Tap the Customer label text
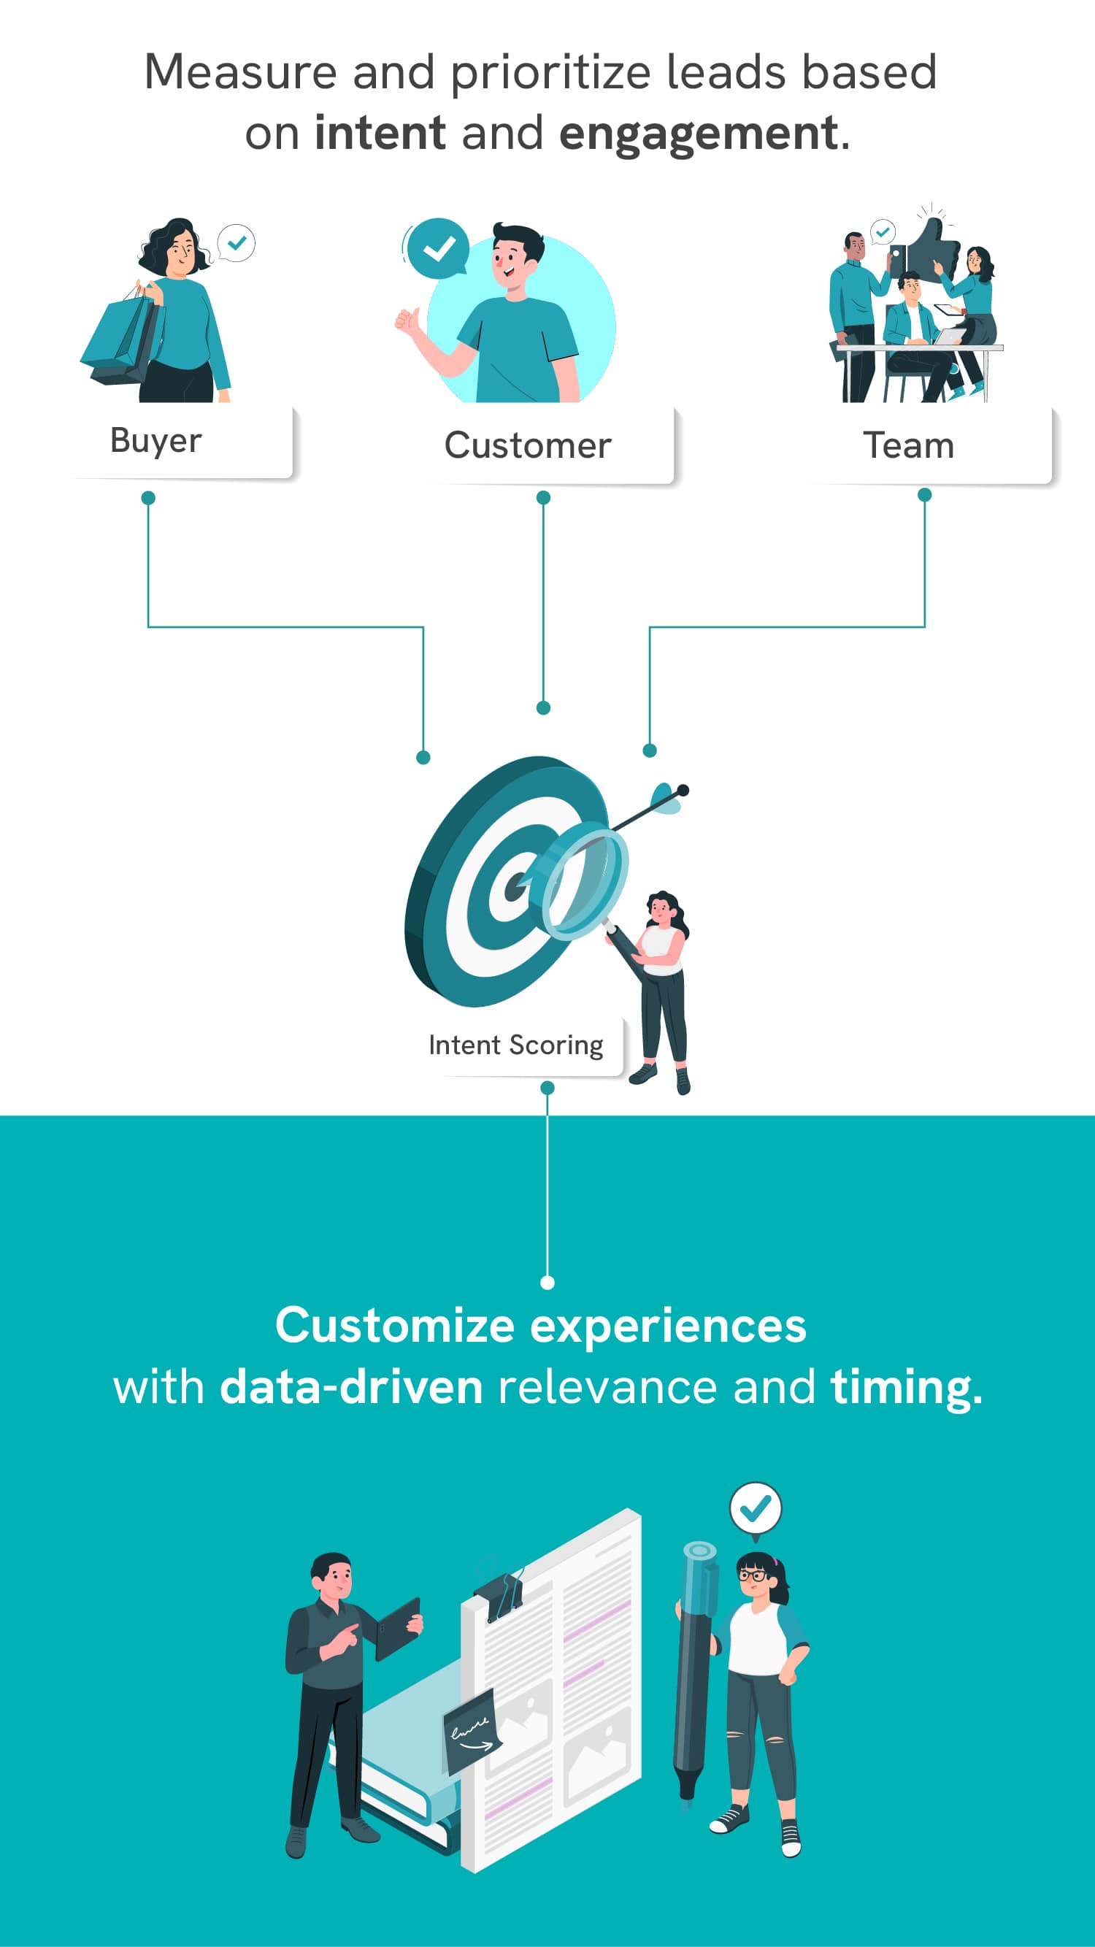528,445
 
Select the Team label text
908,445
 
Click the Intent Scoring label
516,1046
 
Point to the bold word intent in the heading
380,133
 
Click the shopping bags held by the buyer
123,338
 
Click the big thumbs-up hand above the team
931,249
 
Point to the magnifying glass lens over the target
584,884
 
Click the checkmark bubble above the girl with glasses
755,1510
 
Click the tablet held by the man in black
398,1628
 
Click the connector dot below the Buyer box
148,498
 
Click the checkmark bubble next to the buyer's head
237,243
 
